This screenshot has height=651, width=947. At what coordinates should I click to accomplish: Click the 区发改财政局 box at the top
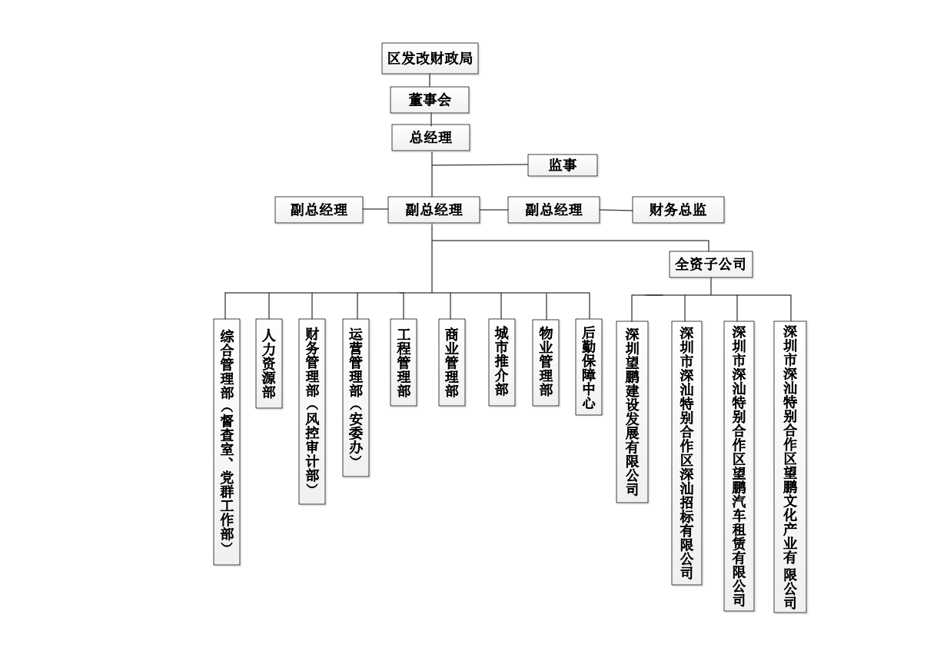(430, 58)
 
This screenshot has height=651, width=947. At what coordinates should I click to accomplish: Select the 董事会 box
(430, 100)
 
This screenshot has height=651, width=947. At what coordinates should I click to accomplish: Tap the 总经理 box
(430, 138)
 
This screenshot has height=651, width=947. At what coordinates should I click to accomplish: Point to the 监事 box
(563, 164)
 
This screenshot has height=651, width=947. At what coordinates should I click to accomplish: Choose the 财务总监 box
(678, 210)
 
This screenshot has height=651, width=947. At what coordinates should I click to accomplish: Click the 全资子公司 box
(711, 264)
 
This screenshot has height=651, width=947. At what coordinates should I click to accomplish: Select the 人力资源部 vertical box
(269, 364)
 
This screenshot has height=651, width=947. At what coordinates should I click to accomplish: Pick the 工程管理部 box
(404, 363)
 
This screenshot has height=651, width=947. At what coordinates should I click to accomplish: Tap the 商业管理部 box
(452, 363)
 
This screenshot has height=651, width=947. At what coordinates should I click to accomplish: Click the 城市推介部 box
(502, 363)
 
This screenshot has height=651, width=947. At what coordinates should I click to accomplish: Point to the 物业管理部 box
(546, 363)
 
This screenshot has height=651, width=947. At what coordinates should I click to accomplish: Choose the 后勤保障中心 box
(589, 367)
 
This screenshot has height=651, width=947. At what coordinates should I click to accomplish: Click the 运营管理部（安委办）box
(356, 398)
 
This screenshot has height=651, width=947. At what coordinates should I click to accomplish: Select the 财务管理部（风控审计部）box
(312, 412)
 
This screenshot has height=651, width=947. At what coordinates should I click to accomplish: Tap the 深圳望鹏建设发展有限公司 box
(632, 412)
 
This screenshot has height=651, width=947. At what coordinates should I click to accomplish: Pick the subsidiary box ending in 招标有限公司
(687, 453)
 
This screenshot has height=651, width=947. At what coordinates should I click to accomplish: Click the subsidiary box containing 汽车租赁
(739, 467)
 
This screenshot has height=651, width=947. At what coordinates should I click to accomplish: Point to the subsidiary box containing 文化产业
(790, 467)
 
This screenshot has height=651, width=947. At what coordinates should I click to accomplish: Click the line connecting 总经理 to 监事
(480, 164)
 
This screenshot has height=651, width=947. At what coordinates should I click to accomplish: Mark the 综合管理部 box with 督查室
(227, 442)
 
